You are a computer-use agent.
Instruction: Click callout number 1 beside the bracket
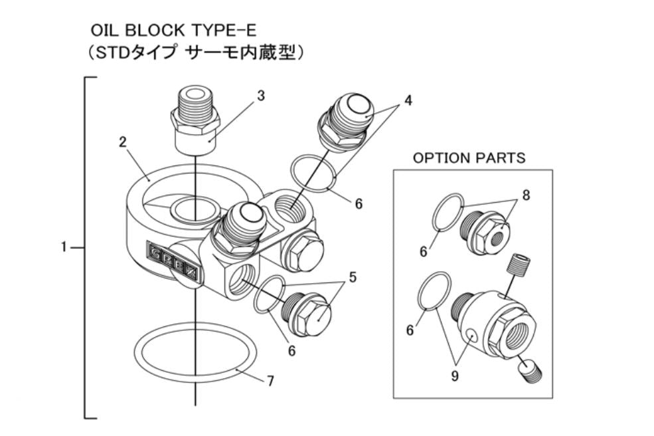[x=64, y=247]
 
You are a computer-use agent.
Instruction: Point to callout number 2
[x=123, y=142]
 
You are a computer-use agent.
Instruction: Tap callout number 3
[x=261, y=95]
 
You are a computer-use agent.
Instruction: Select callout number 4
[x=408, y=100]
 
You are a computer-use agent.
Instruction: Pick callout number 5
[x=353, y=276]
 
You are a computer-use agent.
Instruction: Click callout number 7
[x=270, y=381]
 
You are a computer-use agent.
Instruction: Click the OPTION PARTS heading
[x=469, y=158]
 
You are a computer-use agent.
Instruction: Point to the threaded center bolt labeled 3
[x=195, y=120]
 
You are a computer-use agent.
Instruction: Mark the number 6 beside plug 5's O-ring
[x=291, y=351]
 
